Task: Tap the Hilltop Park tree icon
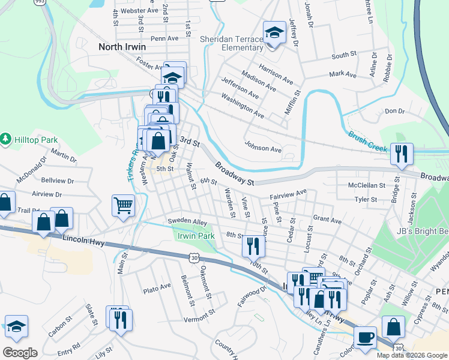click(x=6, y=140)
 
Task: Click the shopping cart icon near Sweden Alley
click(x=123, y=206)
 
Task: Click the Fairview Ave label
click(x=288, y=194)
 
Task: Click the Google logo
click(x=19, y=353)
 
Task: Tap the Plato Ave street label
click(x=157, y=289)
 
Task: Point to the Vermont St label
click(x=199, y=316)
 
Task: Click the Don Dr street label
click(x=395, y=111)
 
